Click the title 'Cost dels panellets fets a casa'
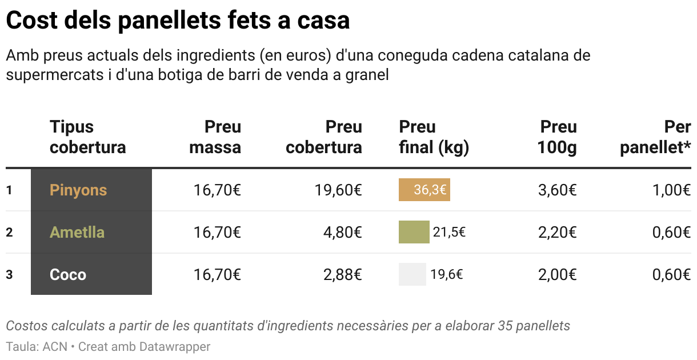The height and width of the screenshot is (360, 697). point(178,21)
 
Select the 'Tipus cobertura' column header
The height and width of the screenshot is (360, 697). point(87,137)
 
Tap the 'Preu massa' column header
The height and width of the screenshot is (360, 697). point(215,137)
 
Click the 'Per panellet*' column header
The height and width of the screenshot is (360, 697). point(656,137)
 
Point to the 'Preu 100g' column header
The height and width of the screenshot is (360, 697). point(557,137)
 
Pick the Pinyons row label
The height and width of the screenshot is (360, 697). point(78,190)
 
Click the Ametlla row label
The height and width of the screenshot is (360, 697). point(77,232)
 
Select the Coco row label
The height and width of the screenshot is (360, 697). point(68,274)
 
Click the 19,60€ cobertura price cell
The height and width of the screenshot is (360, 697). point(338,190)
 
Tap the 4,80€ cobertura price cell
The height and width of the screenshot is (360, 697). point(342,232)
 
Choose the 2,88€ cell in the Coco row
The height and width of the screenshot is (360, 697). point(342,274)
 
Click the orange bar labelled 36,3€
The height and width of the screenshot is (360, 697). point(424,190)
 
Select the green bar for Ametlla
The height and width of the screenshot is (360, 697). point(414,232)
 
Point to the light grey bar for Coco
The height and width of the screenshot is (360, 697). point(412,274)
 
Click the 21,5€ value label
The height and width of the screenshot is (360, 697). point(449,232)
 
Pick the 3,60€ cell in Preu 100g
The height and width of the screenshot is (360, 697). point(557,190)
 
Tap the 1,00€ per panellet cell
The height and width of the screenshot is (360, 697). point(671,190)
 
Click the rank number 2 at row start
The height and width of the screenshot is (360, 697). point(9,232)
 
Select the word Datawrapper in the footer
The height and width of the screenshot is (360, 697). point(177,346)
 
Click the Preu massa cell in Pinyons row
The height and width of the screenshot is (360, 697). point(217,190)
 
